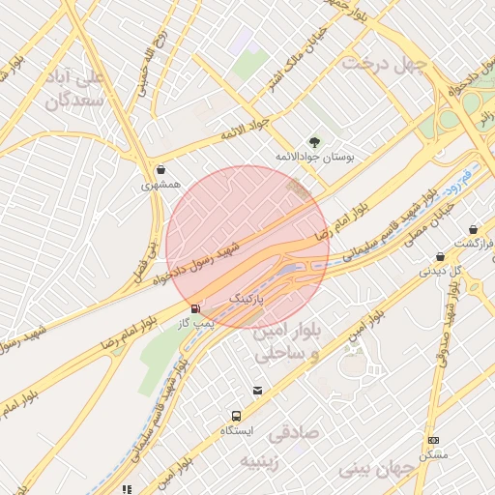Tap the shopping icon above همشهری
click(x=160, y=168)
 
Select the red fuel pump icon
click(x=197, y=309)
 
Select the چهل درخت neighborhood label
click(x=387, y=65)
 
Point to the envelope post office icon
click(x=257, y=391)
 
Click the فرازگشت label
click(x=473, y=245)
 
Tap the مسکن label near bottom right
click(x=434, y=453)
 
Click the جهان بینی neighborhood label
click(x=377, y=469)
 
